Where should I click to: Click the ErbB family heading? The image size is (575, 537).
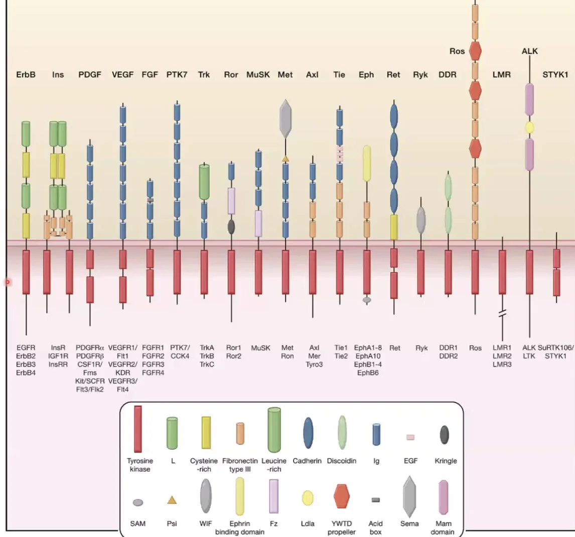tap(26, 75)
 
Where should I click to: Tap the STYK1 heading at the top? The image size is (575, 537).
tap(555, 75)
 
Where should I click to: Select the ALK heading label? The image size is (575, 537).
tap(529, 51)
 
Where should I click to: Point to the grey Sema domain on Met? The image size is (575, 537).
tap(285, 119)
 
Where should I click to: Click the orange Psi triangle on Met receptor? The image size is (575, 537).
tap(285, 159)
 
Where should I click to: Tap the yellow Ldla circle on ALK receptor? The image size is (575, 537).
tap(529, 127)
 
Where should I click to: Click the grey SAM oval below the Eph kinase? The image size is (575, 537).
tap(367, 300)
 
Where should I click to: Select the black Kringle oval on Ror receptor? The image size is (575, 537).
tap(231, 227)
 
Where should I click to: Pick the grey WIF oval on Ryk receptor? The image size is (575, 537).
tap(421, 220)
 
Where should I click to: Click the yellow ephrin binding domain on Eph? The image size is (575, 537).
tap(367, 164)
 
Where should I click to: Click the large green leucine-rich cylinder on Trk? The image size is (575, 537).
tap(204, 182)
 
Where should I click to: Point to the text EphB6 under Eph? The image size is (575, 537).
tap(368, 373)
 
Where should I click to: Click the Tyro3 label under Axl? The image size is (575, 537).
tap(314, 364)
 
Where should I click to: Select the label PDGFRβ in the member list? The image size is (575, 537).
tap(90, 356)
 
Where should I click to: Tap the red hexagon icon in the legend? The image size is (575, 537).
tap(341, 496)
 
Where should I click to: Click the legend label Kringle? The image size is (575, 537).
tap(446, 461)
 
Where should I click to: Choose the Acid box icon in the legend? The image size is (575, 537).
tap(376, 500)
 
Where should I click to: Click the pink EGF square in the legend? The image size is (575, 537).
tap(410, 437)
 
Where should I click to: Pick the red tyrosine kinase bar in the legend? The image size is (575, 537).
tap(138, 429)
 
